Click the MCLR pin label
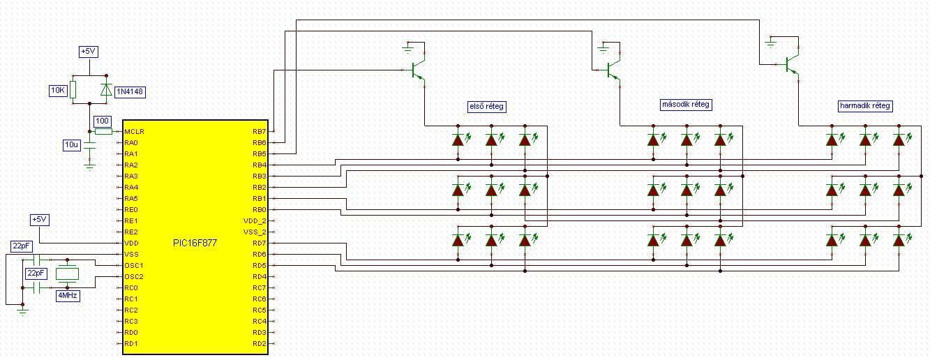click(134, 132)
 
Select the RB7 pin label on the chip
click(259, 132)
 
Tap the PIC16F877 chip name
click(195, 243)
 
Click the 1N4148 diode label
click(130, 92)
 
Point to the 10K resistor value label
click(58, 91)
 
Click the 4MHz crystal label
click(68, 296)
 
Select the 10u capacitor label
click(71, 144)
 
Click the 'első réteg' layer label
click(486, 107)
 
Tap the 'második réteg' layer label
click(685, 104)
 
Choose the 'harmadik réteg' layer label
click(865, 106)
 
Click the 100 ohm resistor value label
click(102, 121)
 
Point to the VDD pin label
click(131, 243)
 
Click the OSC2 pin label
click(134, 276)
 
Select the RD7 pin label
click(259, 243)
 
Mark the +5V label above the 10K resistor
click(89, 52)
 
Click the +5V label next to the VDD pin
click(40, 220)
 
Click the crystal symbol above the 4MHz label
click(67, 273)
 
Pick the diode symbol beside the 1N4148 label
click(106, 90)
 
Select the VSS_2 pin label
click(255, 232)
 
